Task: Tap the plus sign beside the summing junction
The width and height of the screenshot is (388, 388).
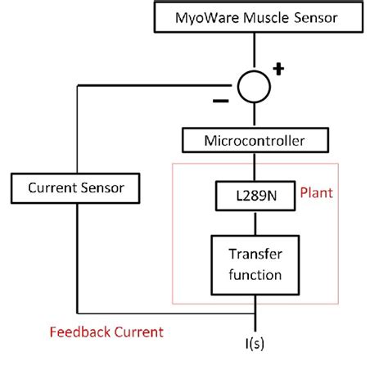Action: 278,69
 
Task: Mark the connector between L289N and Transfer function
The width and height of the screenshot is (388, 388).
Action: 255,223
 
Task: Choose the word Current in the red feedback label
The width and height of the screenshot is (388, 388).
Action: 134,332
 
